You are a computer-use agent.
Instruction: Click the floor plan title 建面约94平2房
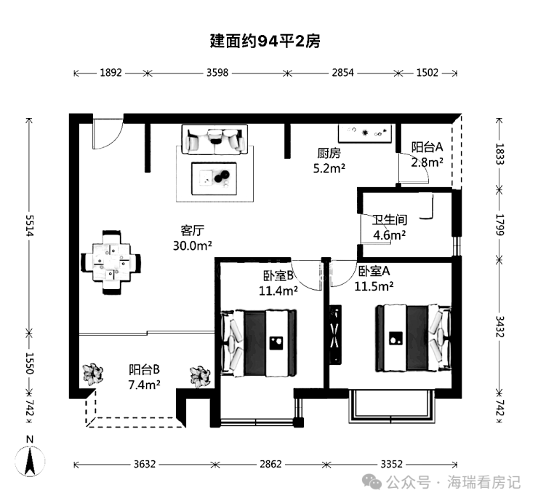pyautogui.click(x=265, y=42)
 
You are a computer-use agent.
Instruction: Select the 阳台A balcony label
pyautogui.click(x=427, y=147)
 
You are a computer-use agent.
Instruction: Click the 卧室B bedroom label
pyautogui.click(x=278, y=276)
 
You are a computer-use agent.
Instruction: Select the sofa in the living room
pyautogui.click(x=214, y=139)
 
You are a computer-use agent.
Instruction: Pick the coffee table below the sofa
pyautogui.click(x=215, y=177)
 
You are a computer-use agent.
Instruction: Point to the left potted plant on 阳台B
pyautogui.click(x=92, y=374)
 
